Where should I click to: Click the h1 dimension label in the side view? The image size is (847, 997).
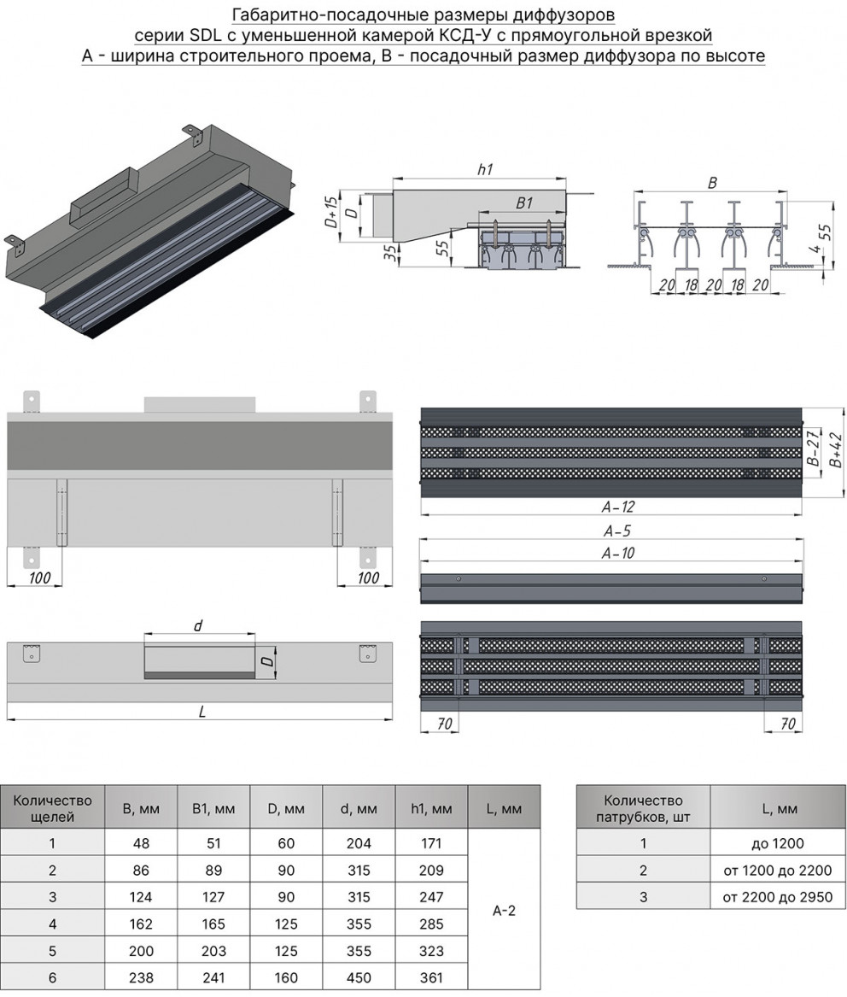(x=484, y=169)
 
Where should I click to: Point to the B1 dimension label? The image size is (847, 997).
(x=524, y=203)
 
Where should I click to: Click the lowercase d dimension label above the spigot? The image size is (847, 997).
(x=198, y=625)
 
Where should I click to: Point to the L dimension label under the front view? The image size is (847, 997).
(x=202, y=711)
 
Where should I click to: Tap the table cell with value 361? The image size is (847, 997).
(x=431, y=977)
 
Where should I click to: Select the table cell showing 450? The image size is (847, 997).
(x=359, y=977)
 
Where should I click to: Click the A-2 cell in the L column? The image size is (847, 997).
(x=504, y=911)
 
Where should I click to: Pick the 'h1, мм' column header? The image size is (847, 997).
(x=431, y=807)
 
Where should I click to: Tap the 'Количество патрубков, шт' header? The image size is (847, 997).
(x=643, y=807)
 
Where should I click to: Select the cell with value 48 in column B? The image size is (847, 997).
(x=141, y=843)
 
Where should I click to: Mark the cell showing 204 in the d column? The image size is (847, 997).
(x=359, y=843)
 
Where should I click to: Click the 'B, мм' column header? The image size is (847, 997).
(x=141, y=807)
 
